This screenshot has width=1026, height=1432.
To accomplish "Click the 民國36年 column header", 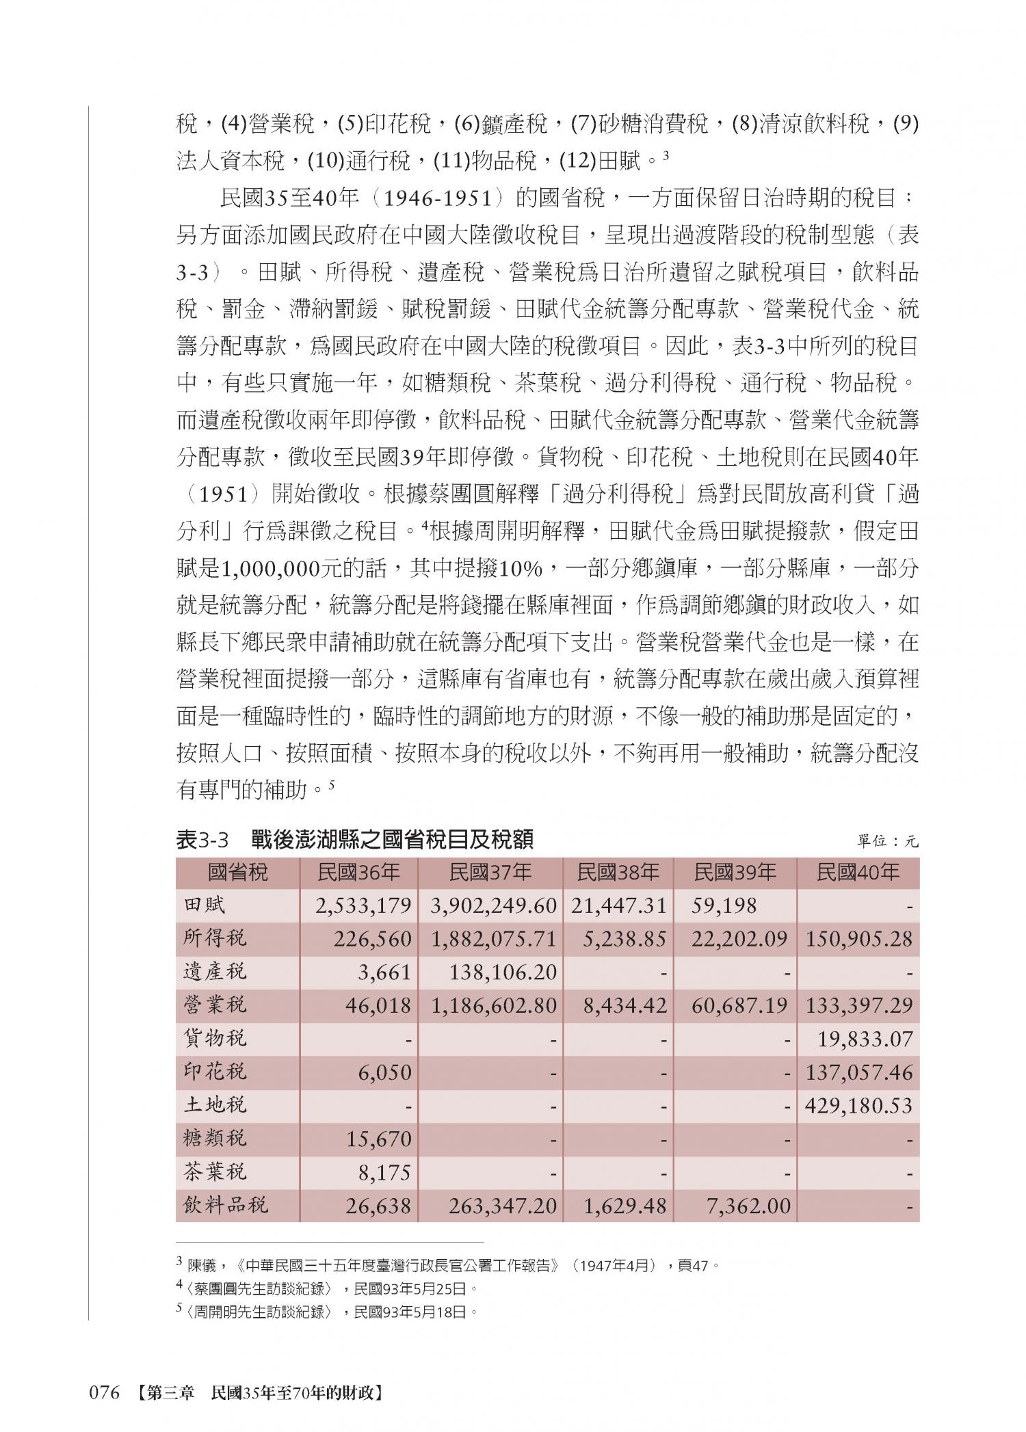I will tap(358, 872).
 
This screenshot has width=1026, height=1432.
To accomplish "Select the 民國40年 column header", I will tap(858, 872).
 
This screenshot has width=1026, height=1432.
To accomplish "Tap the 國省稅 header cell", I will tap(238, 872).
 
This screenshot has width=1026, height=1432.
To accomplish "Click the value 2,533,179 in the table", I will tap(363, 906).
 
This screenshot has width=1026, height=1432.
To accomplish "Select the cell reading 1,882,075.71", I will tap(493, 939).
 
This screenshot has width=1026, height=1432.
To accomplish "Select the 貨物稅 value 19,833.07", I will tap(865, 1039).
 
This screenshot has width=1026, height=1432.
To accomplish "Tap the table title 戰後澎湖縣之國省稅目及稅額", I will tap(391, 840).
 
